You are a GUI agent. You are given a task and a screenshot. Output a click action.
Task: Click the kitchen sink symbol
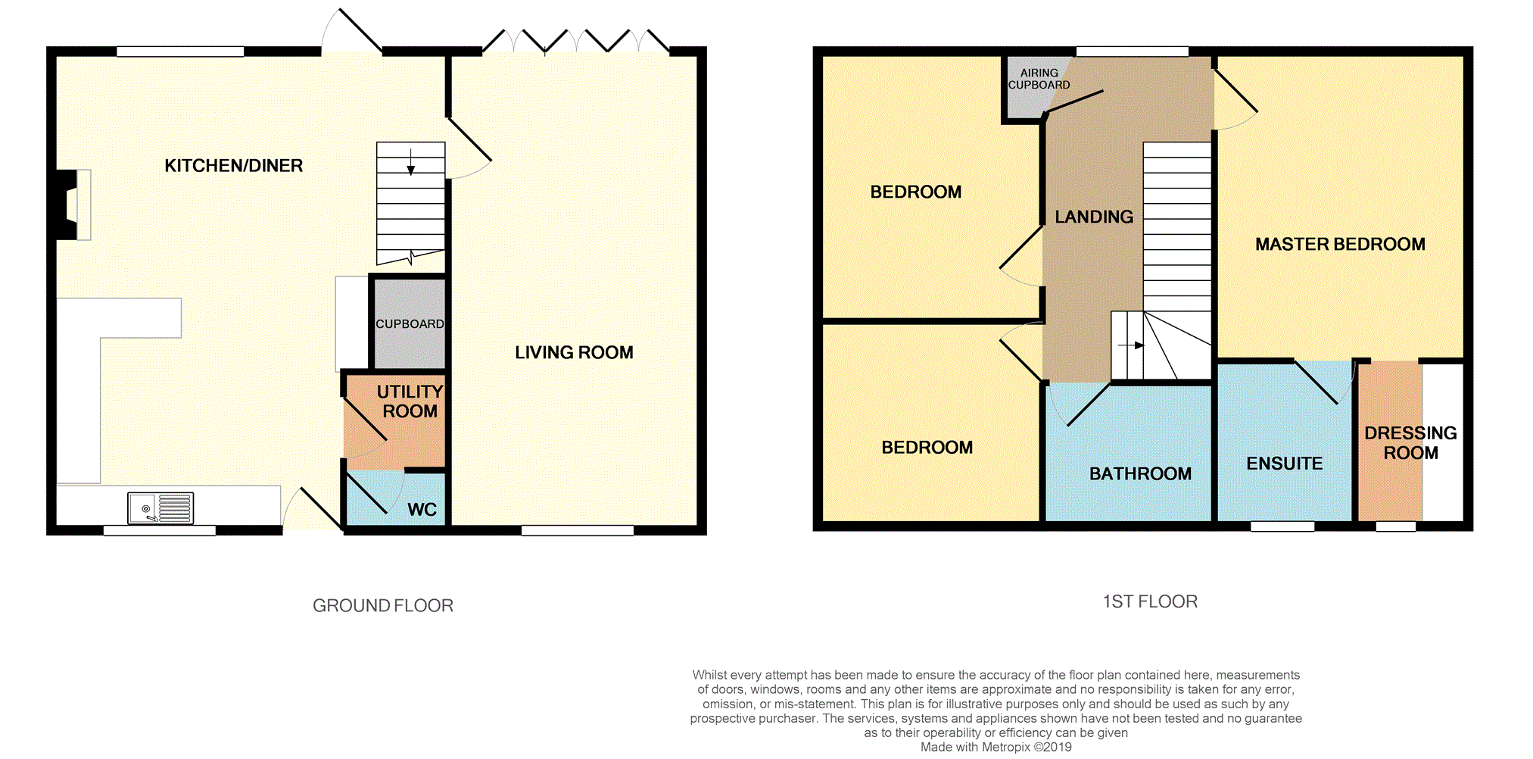point(160,508)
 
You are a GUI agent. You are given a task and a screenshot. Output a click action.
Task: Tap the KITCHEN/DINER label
point(233,166)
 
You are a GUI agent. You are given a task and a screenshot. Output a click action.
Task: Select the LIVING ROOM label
point(574,352)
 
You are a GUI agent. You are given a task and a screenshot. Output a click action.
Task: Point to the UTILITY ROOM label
point(410,401)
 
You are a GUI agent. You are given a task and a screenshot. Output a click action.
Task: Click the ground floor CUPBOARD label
point(410,324)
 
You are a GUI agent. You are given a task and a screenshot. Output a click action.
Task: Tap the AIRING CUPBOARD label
point(1039,79)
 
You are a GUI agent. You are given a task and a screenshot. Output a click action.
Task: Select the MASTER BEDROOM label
point(1340,245)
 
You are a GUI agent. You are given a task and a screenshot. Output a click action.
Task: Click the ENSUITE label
point(1284,464)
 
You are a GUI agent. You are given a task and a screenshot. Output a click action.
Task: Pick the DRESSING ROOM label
point(1410,443)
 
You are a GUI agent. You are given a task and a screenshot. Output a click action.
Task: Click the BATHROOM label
point(1140,474)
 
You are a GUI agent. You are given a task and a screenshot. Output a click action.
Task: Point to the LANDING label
point(1094,217)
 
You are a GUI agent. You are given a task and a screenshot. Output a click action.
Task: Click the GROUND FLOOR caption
point(383,605)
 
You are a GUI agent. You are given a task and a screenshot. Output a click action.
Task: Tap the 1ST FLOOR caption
point(1150,601)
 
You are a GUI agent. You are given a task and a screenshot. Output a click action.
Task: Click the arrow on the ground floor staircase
point(411,163)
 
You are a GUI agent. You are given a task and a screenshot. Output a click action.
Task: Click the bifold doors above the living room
point(575,42)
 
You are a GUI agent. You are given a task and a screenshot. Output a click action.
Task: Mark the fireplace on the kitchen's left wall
point(73,205)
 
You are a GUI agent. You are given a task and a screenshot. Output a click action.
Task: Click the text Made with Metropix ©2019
point(996,747)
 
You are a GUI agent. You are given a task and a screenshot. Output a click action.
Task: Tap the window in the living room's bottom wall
point(577,530)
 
